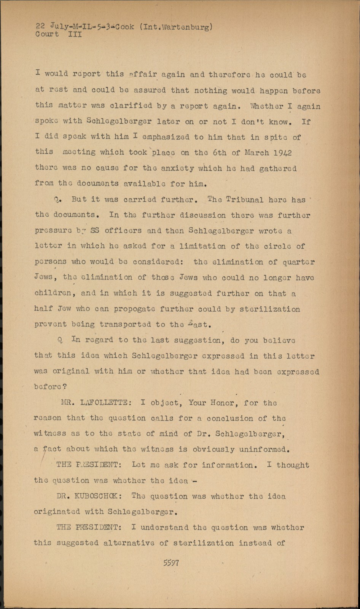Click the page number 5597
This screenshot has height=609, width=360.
tap(171, 563)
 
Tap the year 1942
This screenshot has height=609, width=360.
tap(282, 153)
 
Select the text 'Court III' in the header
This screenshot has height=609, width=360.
tap(59, 34)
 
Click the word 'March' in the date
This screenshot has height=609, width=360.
tap(256, 153)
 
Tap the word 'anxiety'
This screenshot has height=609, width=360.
tap(177, 169)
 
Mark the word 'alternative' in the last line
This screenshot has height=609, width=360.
tap(129, 543)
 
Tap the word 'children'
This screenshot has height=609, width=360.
tap(53, 293)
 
